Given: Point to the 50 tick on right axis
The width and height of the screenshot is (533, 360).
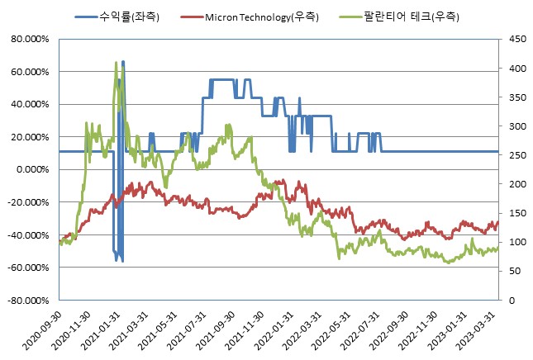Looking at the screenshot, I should coord(512,272).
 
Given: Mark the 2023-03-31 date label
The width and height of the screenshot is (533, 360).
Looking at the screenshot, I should coord(478,331).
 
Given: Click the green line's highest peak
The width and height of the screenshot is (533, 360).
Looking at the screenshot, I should coord(116,62).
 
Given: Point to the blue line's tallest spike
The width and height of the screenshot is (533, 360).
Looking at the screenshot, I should coord(123,62).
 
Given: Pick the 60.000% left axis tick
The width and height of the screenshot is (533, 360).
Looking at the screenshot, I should coord(30,72).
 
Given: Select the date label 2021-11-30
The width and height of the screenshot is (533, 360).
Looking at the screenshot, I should coord(245,331).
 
